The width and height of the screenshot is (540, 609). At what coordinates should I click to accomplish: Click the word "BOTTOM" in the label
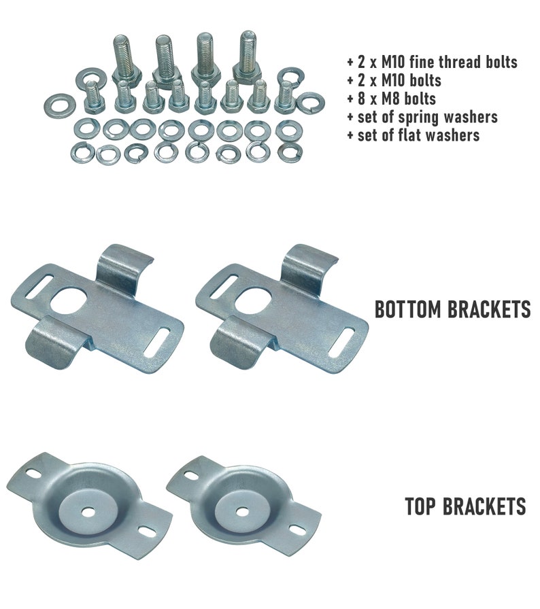[407, 310]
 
